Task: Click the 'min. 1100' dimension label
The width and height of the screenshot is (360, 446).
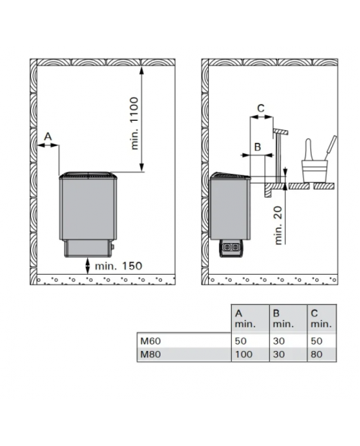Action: point(135,123)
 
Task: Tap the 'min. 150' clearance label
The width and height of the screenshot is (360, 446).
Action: point(118,266)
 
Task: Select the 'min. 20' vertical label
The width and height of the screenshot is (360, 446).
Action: point(279,225)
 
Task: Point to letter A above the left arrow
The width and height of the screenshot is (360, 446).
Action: point(48,137)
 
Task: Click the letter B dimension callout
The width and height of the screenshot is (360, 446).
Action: point(257,147)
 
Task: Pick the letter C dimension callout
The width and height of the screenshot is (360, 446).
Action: point(261,108)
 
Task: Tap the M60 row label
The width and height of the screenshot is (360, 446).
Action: point(150,341)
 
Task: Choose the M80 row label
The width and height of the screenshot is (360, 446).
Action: point(150,355)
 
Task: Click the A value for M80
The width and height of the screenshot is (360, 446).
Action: point(243,355)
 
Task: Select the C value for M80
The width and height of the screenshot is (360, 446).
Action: point(317,355)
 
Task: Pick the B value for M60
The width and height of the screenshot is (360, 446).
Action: point(279,341)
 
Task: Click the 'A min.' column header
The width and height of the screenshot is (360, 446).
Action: point(245,319)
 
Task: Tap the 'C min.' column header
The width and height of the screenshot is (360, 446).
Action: point(321,319)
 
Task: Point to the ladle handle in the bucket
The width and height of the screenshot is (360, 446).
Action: point(331,147)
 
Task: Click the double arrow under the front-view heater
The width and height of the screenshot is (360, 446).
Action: point(88,266)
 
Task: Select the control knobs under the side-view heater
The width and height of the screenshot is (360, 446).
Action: point(231,247)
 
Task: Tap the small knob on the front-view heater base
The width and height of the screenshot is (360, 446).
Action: point(112,247)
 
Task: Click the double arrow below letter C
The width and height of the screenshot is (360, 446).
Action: point(261,117)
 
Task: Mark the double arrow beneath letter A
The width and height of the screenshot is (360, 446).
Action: point(48,145)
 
